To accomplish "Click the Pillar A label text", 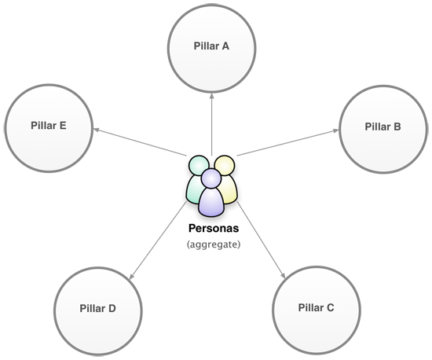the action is point(211,46).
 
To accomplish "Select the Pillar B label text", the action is point(383,127).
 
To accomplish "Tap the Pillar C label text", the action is point(316,307).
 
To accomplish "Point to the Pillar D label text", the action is point(98,308).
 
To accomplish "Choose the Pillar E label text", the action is point(49,126).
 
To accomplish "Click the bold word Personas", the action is point(214,228).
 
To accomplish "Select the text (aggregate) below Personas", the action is point(214,244).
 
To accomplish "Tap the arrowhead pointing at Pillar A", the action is point(211,96).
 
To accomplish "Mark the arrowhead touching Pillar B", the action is point(335,130).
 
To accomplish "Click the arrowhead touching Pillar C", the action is point(283,275).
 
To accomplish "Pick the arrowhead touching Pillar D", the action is point(132,276).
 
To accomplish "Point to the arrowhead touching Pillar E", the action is point(97,129).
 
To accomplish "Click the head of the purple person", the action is point(211,178).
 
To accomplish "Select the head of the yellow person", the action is point(225,164).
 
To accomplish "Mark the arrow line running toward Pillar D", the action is point(158,240).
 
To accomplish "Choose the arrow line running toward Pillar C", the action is point(261,240).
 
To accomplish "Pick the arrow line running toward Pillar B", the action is point(288,143).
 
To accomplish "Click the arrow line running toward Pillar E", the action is point(140,142).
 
